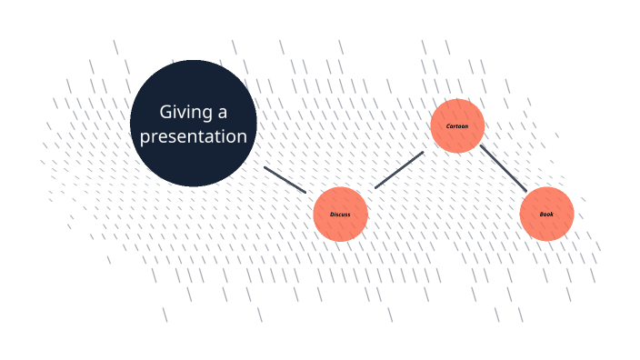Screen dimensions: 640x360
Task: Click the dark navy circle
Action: [194, 124]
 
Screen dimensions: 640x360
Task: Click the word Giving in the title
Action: [185, 113]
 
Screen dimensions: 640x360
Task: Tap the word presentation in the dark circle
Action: [194, 136]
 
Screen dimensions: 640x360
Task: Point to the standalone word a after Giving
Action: [223, 114]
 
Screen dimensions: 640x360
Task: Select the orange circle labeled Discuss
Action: [340, 215]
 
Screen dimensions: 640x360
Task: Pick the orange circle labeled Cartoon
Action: [457, 125]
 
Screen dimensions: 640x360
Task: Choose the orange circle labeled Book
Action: [546, 214]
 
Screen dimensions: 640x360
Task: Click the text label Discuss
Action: [340, 215]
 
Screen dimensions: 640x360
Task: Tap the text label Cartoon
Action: [457, 126]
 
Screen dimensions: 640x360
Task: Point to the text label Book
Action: [546, 214]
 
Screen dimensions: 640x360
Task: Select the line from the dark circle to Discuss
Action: [285, 180]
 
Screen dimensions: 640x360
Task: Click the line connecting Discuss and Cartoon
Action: [399, 170]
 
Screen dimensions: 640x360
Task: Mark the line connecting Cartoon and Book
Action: [504, 168]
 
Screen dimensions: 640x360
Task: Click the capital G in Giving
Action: [165, 112]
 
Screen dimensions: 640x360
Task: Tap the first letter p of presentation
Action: [145, 138]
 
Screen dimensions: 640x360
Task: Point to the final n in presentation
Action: [243, 137]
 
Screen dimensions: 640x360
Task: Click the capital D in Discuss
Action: [332, 215]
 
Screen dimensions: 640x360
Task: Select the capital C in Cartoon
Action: [448, 126]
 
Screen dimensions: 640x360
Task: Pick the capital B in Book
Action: [542, 214]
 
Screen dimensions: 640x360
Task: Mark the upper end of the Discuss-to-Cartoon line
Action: [424, 152]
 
